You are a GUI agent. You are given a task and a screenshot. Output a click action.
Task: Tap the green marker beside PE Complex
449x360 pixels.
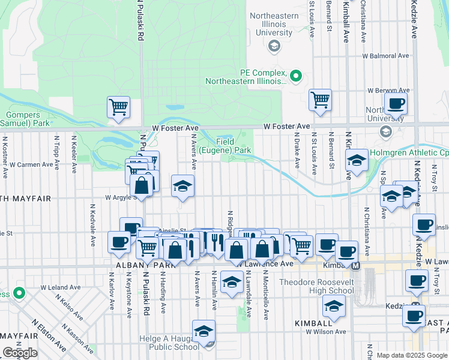295,76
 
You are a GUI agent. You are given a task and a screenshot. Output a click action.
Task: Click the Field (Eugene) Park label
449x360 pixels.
225,145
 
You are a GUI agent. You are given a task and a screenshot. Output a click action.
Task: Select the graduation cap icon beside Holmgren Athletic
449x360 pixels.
357,160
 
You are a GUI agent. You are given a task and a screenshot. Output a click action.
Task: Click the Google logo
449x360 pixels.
20,353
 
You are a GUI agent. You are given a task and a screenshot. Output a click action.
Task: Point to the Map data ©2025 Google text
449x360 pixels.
411,355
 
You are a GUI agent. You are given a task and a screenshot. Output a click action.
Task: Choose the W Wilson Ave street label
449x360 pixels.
325,331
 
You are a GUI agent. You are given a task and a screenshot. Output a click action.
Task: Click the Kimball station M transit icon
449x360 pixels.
355,265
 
